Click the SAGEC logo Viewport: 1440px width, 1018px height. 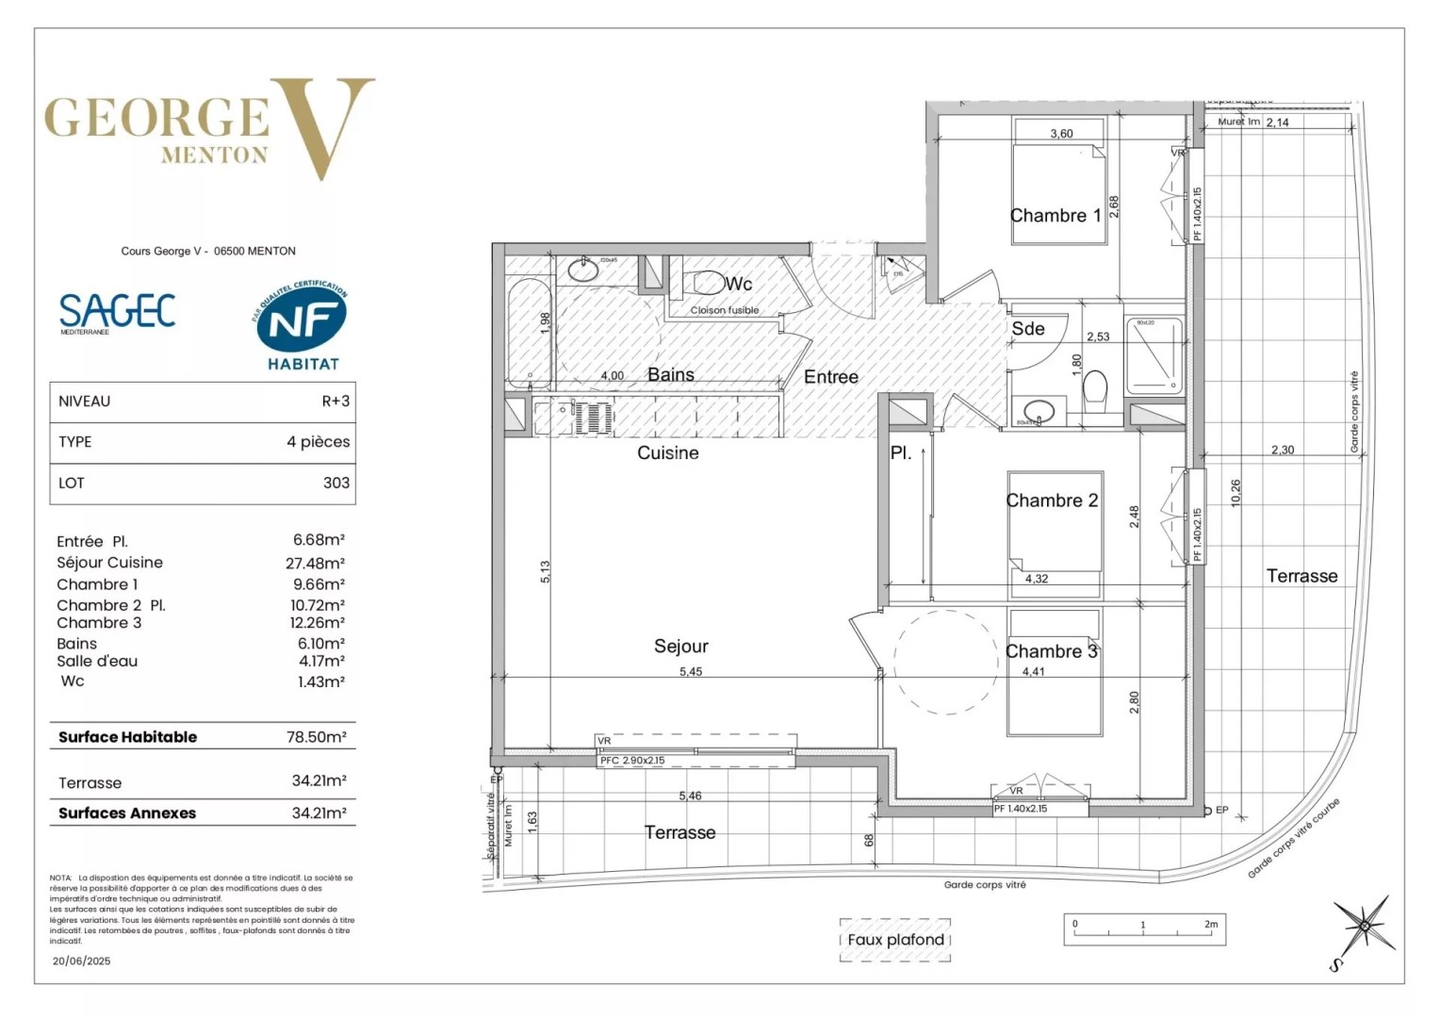[x=117, y=311]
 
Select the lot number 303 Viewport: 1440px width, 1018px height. [x=335, y=483]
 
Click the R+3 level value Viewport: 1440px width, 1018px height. [x=335, y=401]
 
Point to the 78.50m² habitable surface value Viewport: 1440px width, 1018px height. [x=316, y=737]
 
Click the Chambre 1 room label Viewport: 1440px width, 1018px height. [x=1055, y=216]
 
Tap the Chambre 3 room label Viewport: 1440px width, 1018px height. [x=1051, y=651]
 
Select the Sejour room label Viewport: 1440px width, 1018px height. [x=680, y=646]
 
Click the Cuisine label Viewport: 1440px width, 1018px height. [x=667, y=452]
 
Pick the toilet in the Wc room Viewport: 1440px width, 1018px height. [x=707, y=282]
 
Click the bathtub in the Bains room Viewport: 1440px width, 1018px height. [x=529, y=332]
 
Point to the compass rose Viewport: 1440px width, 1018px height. [x=1363, y=928]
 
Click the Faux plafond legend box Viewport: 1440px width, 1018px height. [x=894, y=940]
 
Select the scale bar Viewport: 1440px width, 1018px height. [x=1144, y=928]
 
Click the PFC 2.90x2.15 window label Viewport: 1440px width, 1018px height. [x=632, y=761]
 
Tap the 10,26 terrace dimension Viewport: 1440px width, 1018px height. [x=1235, y=493]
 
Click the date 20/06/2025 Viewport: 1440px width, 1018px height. [x=81, y=961]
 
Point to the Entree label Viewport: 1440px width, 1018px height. [x=830, y=377]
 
